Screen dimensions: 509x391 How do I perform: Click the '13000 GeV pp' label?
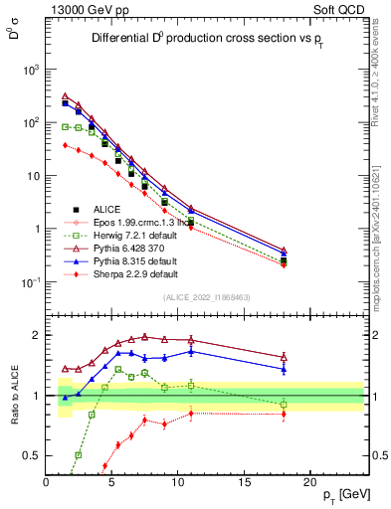[84, 8]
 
